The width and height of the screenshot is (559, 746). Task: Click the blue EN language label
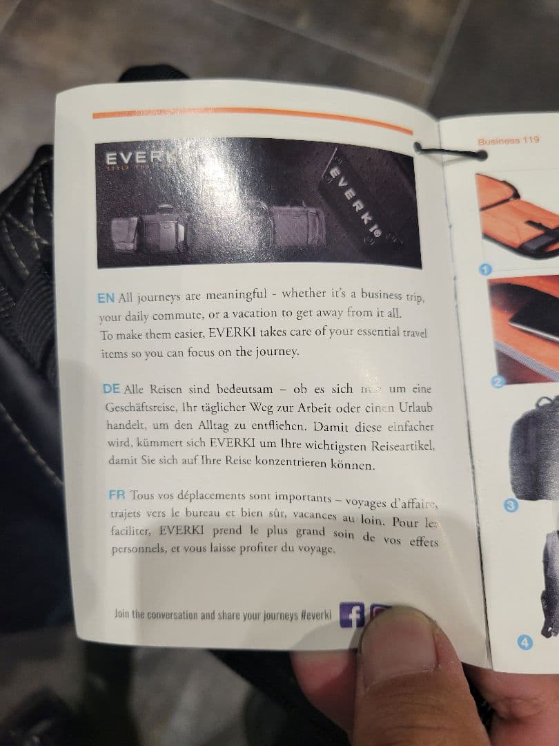(x=106, y=298)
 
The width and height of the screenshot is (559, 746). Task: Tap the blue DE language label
(x=111, y=389)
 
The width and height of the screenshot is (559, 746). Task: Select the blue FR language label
(x=117, y=495)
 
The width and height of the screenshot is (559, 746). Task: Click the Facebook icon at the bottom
(x=351, y=614)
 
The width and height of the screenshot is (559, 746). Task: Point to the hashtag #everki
(x=316, y=614)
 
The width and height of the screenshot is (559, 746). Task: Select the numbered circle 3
(x=511, y=505)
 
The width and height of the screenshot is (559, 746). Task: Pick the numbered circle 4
(x=525, y=643)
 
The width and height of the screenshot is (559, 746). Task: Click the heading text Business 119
(x=508, y=140)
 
